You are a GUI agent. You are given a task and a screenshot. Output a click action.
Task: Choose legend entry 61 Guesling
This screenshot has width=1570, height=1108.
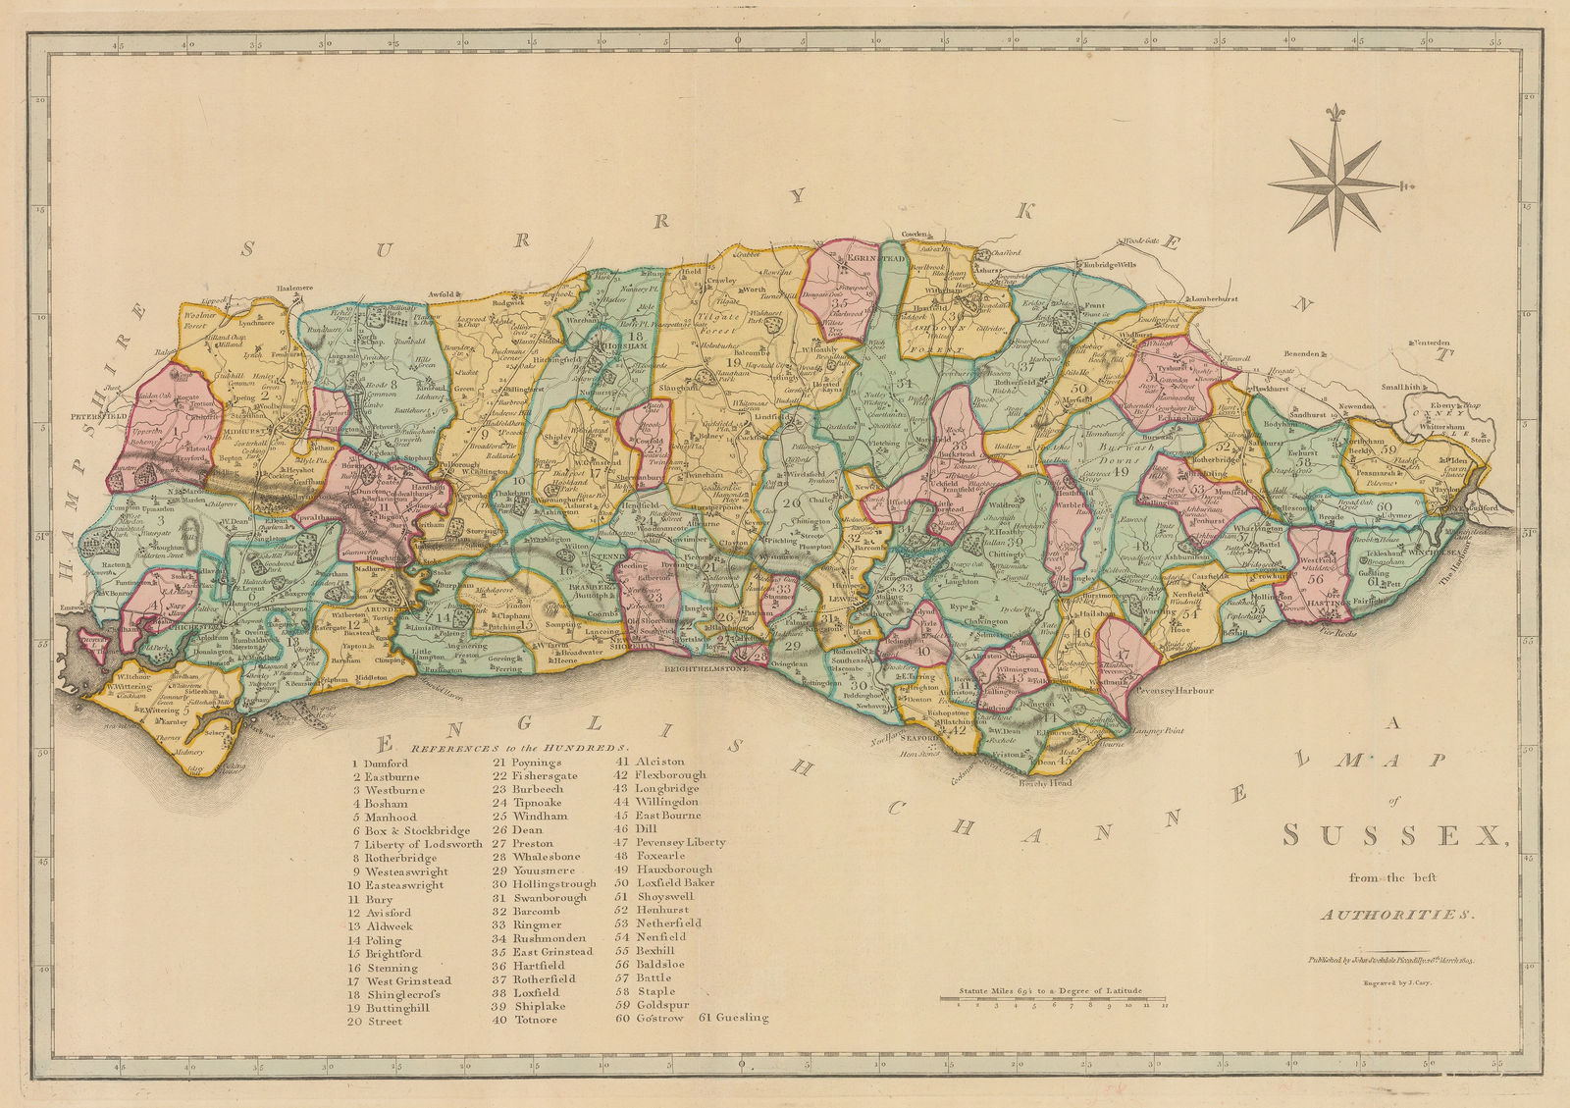(734, 1019)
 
